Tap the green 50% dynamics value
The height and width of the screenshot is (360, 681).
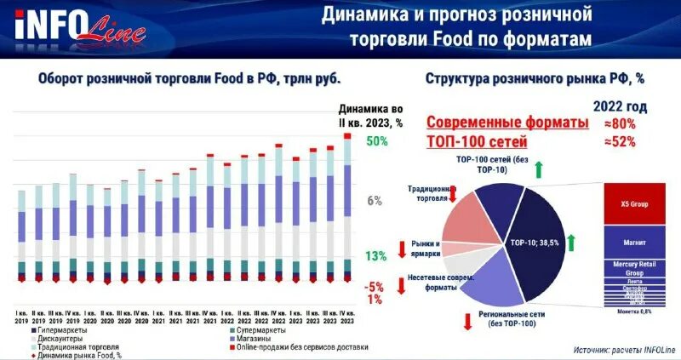coord(377,142)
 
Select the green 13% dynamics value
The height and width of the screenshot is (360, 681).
coord(376,256)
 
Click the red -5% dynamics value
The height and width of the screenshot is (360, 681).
coord(375,286)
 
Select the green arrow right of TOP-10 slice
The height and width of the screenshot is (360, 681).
coord(572,243)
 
